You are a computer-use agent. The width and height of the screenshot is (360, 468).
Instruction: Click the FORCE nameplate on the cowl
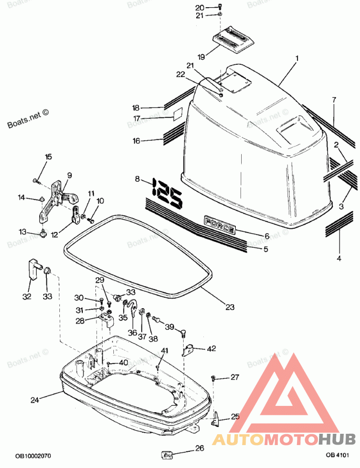220,224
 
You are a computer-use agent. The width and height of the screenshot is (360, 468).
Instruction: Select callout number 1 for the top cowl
297,58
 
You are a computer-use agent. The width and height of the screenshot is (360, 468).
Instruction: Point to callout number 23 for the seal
230,307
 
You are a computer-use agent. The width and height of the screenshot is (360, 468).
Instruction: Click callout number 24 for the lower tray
36,399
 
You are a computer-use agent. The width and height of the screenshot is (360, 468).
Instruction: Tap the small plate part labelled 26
167,455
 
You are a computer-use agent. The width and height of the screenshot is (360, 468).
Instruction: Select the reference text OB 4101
337,455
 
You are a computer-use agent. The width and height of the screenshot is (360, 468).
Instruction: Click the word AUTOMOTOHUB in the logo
284,439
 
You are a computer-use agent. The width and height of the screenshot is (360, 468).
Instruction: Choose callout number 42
211,348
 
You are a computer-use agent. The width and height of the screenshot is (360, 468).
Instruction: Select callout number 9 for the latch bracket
70,175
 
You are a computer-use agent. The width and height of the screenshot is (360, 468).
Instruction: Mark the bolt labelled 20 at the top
219,7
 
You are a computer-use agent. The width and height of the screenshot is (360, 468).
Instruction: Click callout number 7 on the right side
334,100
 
